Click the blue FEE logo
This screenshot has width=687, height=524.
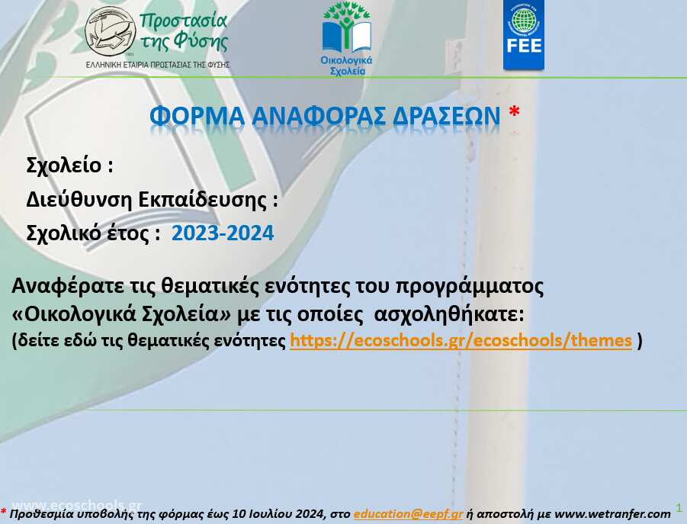coord(524,34)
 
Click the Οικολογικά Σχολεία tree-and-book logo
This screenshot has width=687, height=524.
coord(347,39)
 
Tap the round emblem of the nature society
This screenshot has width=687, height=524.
coord(110,31)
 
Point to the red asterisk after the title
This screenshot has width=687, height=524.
coord(515,112)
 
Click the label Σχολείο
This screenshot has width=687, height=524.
coord(64,166)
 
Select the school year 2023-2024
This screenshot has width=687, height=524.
coord(223,233)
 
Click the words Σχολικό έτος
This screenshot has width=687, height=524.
coord(88,233)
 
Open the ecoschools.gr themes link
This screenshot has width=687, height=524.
coord(461,340)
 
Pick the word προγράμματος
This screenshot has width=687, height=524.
coord(470,287)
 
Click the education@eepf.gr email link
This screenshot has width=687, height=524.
coord(409,513)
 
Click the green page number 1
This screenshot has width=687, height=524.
coord(679,508)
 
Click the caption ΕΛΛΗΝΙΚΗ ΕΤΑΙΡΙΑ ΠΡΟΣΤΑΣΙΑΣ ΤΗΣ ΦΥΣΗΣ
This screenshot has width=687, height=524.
coord(158,65)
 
